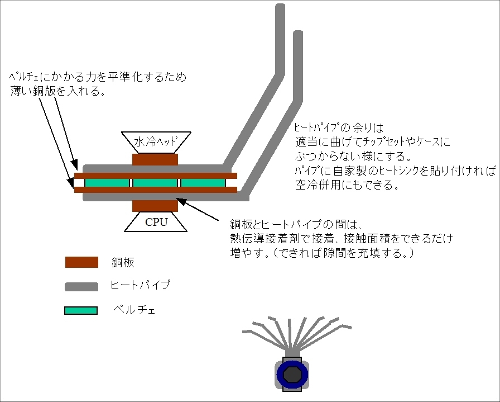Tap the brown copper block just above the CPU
point(155,206)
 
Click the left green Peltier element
point(107,183)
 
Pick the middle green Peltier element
point(155,183)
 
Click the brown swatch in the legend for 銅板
point(81,262)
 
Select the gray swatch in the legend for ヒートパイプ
point(81,286)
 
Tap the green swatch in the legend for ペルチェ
point(81,309)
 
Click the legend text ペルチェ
point(134,309)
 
